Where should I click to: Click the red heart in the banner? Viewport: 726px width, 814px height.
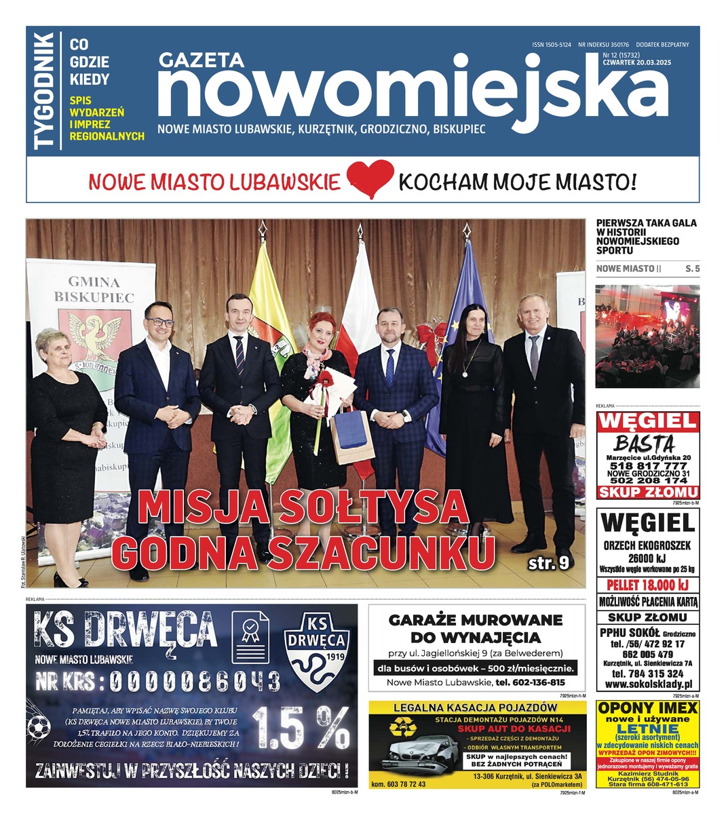pos(370,178)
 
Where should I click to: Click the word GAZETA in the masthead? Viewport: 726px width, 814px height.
pos(201,60)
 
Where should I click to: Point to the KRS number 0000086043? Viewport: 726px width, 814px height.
pos(193,680)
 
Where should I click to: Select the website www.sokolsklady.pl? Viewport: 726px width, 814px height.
pos(648,685)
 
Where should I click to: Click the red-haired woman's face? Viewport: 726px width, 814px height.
pos(320,330)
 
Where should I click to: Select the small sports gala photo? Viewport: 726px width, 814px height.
pos(647,336)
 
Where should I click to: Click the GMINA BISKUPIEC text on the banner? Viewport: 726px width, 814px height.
pos(94,289)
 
